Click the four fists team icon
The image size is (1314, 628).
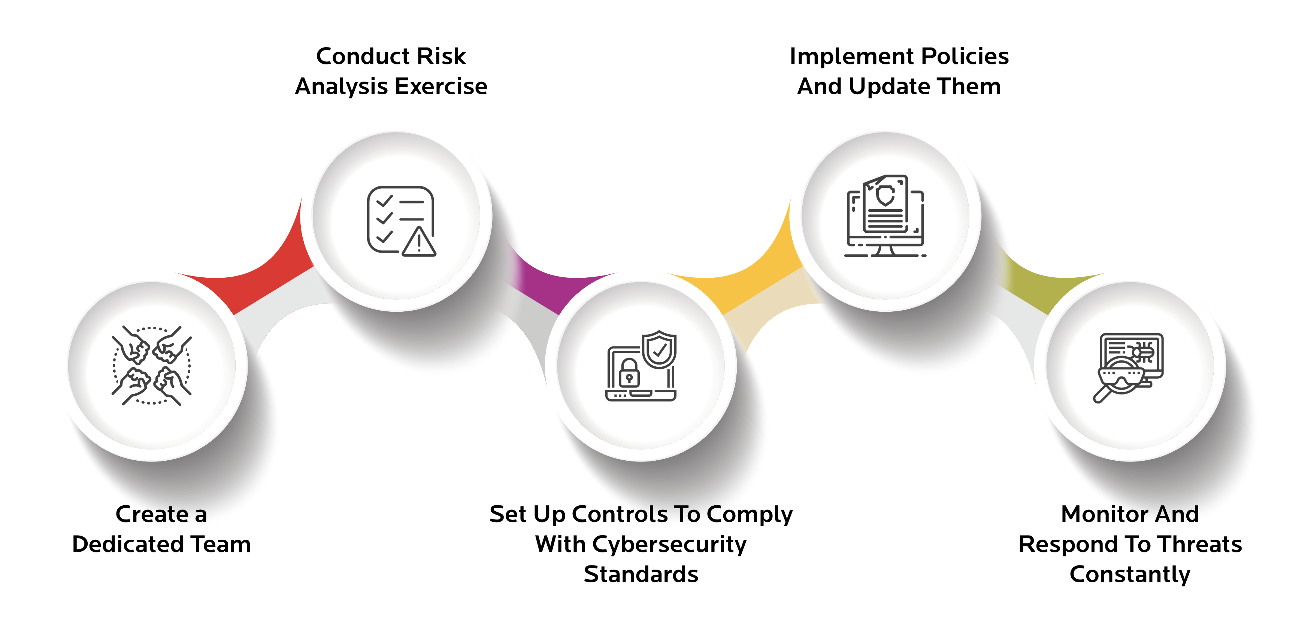(151, 366)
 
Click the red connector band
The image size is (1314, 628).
(255, 286)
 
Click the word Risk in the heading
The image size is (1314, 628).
(441, 56)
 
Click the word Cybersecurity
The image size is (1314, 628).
(669, 545)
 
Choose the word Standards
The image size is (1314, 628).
(641, 574)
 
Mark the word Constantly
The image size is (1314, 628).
(1129, 574)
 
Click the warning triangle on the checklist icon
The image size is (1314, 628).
(419, 242)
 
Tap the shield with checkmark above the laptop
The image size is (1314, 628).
(659, 350)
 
